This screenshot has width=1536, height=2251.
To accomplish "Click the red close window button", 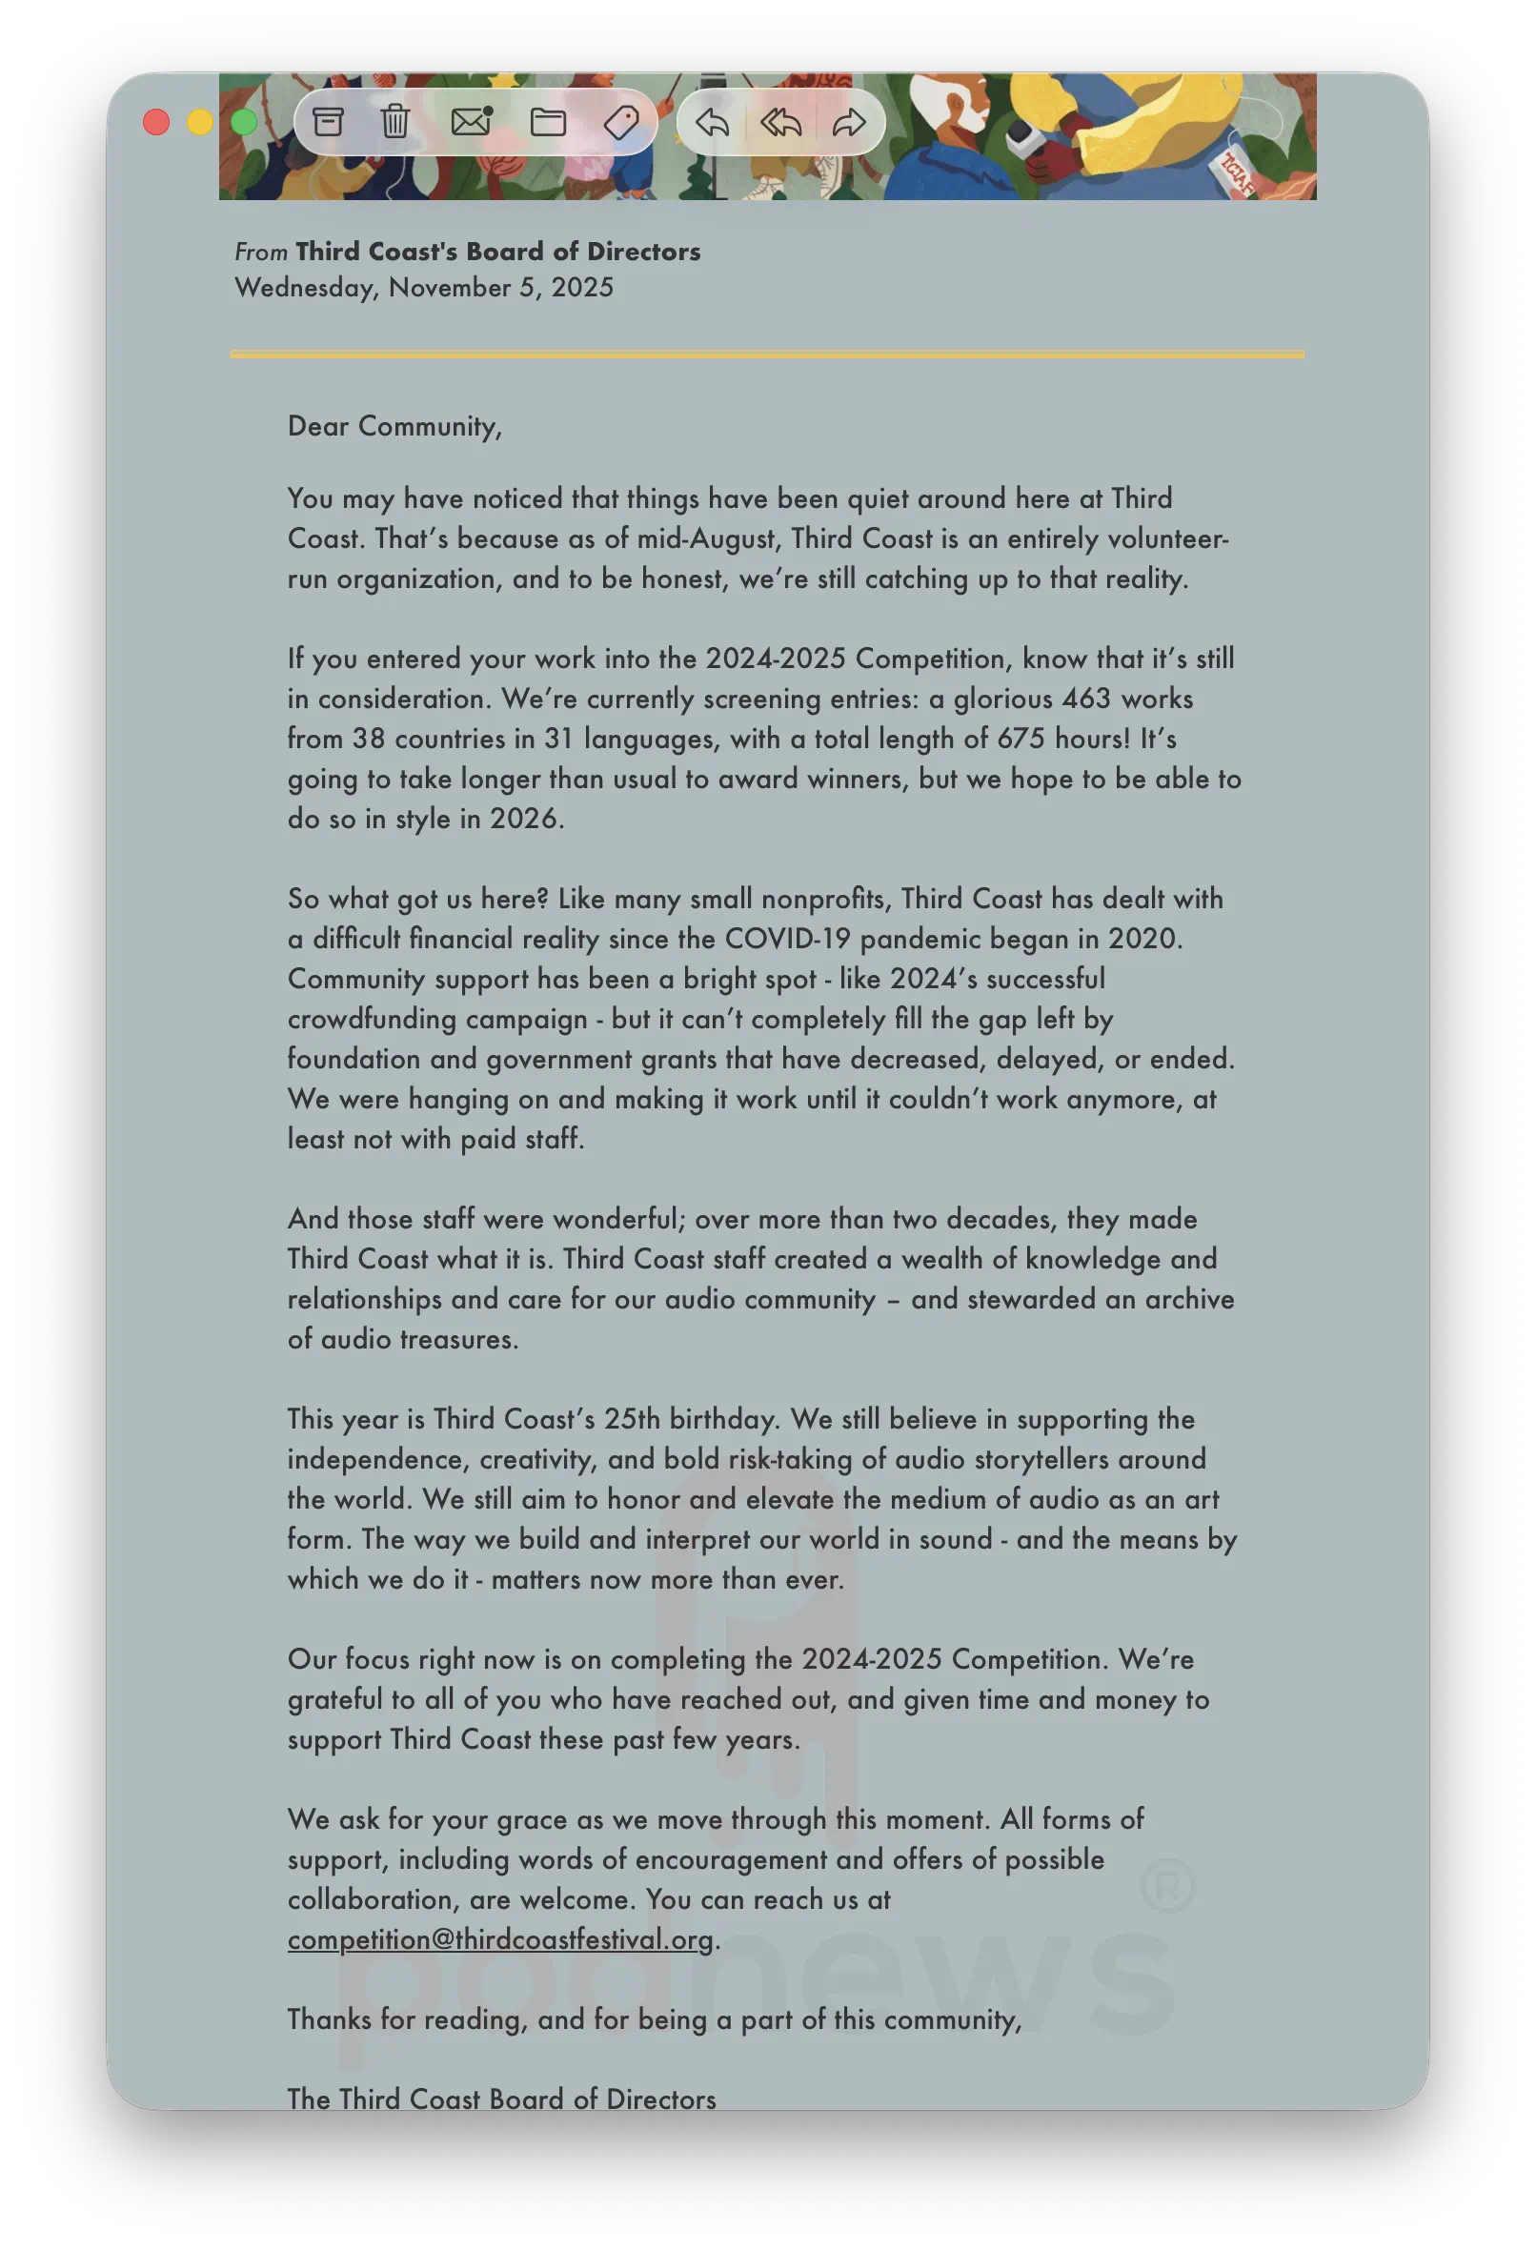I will click(x=156, y=122).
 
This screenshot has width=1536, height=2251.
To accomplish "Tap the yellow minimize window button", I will click(x=200, y=122).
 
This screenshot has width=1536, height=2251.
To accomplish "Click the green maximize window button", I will click(x=244, y=122).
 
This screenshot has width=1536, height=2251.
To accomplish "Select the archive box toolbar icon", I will click(x=329, y=122).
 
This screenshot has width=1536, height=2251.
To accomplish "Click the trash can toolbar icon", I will click(x=395, y=122).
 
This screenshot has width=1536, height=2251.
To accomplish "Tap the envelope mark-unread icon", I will click(x=472, y=122).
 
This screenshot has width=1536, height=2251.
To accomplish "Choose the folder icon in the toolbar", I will click(x=548, y=122).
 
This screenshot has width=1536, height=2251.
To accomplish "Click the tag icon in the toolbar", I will click(x=621, y=122).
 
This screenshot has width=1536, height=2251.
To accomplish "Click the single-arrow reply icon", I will click(x=712, y=122).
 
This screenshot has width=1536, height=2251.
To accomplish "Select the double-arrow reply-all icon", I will click(x=780, y=122).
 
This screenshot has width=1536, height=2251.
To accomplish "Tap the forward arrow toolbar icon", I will click(x=848, y=122).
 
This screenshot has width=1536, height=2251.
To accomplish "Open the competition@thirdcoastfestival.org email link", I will click(x=500, y=1939).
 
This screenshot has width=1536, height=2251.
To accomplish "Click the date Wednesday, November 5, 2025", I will click(x=424, y=288).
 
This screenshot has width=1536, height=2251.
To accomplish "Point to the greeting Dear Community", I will click(x=394, y=426).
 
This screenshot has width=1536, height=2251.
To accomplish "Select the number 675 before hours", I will click(x=1021, y=739).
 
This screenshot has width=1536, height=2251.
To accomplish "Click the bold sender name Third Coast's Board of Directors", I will click(x=497, y=252).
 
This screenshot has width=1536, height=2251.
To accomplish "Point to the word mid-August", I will click(x=708, y=538).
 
